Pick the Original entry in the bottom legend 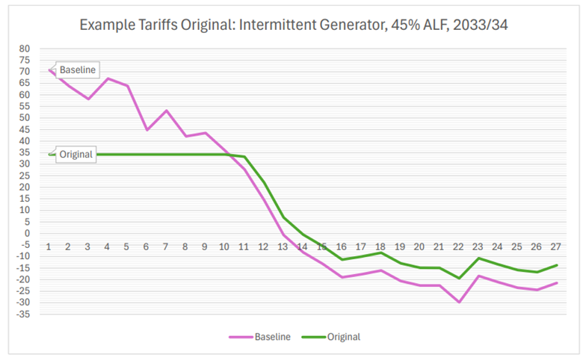tap(334, 337)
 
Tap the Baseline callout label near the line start tap(77, 69)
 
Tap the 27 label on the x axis tap(555, 246)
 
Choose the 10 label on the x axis tap(224, 246)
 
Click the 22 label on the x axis tap(458, 246)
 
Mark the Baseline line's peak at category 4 tap(108, 78)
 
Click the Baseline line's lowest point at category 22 tap(458, 302)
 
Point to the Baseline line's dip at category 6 tap(146, 130)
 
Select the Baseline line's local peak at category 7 tap(166, 111)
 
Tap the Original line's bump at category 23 tap(478, 258)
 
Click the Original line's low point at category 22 tap(458, 278)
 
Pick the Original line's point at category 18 tap(380, 252)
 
